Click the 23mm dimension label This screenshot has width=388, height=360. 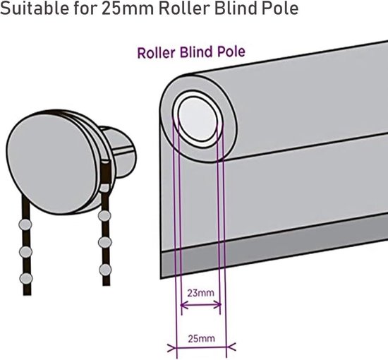coord(200,293)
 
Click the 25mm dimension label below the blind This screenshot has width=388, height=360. coord(201,338)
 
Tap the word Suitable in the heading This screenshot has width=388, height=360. coord(34,8)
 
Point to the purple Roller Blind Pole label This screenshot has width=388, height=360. coord(191,52)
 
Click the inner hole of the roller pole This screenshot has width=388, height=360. coord(198,119)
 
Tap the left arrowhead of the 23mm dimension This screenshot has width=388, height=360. coord(184,305)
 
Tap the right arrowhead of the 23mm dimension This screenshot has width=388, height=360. coord(217,305)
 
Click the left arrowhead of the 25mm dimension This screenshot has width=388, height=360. coord(171,347)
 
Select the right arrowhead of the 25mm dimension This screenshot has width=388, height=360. coord(231,347)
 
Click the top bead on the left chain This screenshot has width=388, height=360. coord(25,224)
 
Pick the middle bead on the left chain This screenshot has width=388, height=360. coord(25,252)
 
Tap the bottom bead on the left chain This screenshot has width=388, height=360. coord(26,279)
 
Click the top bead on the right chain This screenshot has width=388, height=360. coord(104,216)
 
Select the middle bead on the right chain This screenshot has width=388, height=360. coord(105,242)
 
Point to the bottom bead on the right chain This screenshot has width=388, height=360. coord(105,270)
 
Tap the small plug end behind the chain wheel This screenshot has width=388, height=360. coord(120,152)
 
